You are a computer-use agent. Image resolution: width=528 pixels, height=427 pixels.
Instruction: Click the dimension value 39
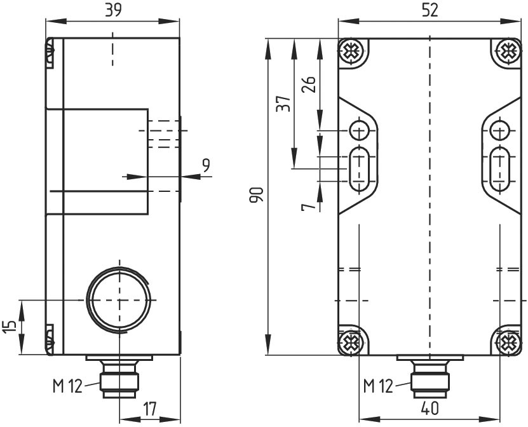pos(112,10)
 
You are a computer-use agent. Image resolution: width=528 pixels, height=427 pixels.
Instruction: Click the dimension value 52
pos(430,10)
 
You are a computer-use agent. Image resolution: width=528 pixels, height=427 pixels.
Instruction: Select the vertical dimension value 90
pos(256,194)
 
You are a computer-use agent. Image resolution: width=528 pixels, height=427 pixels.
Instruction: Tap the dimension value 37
pos(283,104)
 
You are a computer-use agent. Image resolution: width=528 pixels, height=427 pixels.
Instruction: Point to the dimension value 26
pos(309,85)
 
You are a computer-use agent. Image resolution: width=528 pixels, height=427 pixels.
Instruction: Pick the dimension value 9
pos(206,165)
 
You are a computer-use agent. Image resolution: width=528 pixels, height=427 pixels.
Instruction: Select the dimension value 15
pos(10,327)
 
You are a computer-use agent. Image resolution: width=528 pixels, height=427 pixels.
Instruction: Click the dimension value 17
pos(150,409)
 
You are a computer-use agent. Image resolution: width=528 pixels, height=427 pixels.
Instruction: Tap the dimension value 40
pos(430,409)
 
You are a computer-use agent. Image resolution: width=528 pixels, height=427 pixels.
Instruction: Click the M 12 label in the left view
pos(67,386)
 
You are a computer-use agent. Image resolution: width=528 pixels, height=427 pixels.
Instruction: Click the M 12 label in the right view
pos(378,386)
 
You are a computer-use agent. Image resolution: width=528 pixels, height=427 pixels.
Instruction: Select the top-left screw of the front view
pos(351,52)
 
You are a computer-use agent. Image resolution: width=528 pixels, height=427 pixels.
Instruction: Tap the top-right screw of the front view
pos(508,52)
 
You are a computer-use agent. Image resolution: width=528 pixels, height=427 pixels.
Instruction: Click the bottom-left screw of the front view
pos(351,342)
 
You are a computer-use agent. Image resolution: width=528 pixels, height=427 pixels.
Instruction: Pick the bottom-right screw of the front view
pos(508,342)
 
